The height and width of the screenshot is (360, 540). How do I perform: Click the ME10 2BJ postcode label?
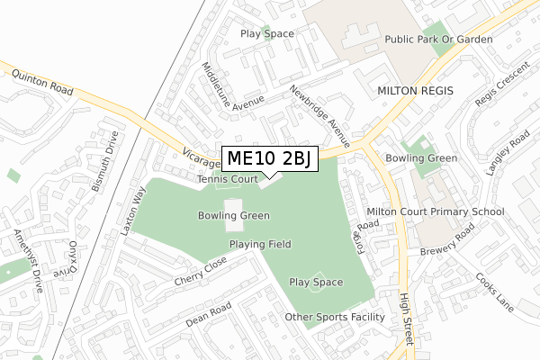click(269, 159)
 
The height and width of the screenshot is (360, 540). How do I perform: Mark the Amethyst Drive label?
click(28, 260)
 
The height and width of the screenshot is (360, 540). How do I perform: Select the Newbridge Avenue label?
click(319, 113)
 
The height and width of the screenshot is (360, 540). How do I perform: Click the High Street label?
click(407, 319)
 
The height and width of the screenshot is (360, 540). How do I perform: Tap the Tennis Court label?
click(229, 180)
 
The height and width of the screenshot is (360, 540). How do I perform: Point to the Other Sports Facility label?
click(335, 317)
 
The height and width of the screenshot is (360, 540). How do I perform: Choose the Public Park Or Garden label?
click(439, 40)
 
